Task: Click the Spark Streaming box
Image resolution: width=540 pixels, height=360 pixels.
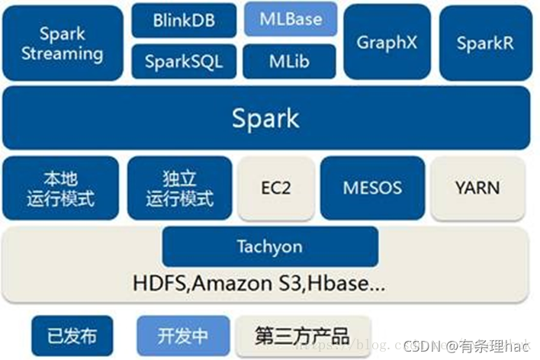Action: point(63,43)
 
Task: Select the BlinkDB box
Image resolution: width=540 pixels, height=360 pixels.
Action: point(183,21)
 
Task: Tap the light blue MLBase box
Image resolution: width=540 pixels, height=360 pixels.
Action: point(291,19)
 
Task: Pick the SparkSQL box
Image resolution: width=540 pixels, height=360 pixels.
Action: point(183,61)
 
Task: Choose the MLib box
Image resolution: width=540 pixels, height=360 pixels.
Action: point(291,61)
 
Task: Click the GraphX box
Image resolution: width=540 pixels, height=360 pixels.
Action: point(387,42)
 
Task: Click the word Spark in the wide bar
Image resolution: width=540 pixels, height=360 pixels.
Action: point(265,118)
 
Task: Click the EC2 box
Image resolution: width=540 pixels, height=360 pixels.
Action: point(275,188)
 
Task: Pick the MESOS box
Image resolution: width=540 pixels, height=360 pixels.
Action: point(372,188)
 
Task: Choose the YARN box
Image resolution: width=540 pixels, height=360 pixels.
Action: point(478,188)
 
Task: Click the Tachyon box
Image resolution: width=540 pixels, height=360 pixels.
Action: point(269,246)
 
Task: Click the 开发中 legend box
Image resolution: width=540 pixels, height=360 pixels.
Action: point(182,336)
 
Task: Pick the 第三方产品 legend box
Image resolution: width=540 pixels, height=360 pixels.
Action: point(302,336)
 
